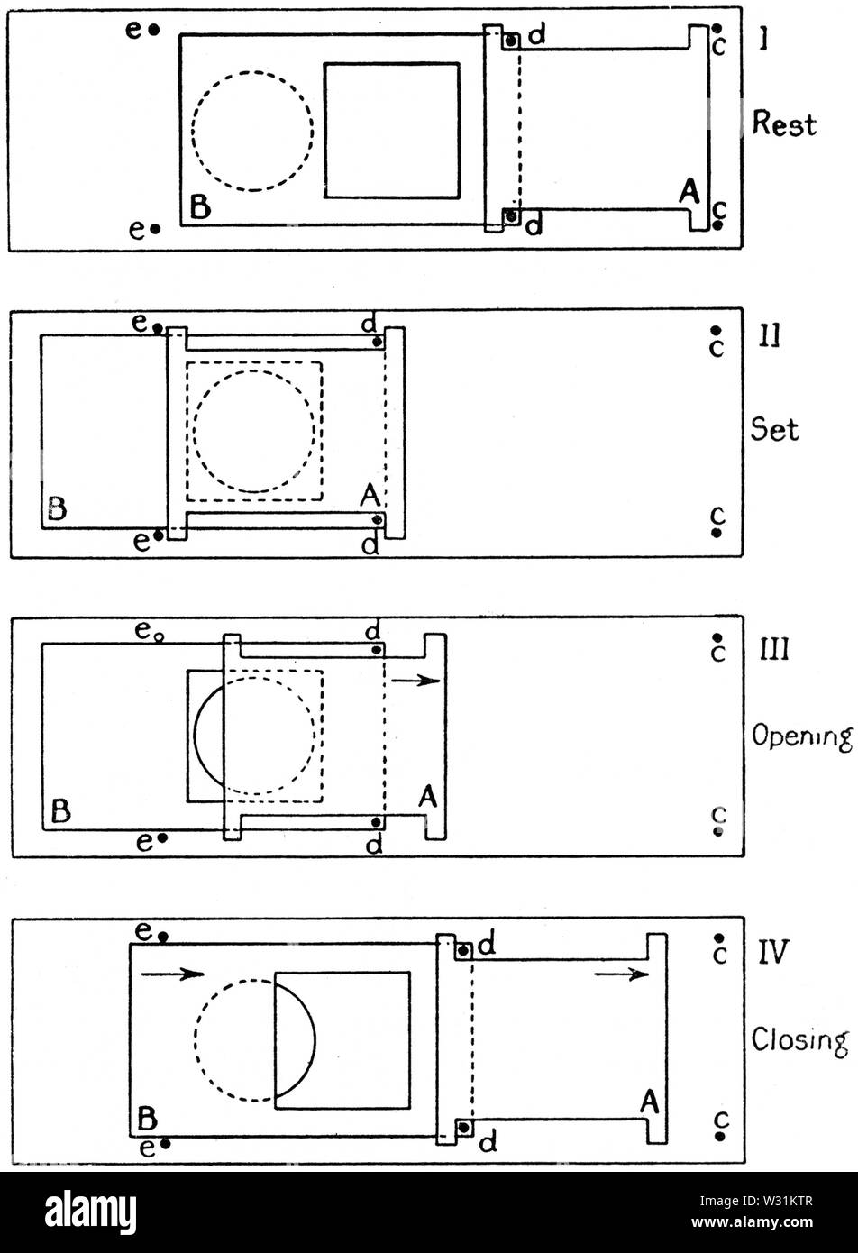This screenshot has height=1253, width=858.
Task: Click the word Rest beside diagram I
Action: pyautogui.click(x=783, y=123)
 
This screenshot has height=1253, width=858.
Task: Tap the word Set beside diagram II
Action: pyautogui.click(x=775, y=430)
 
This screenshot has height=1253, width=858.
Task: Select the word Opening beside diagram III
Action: pyautogui.click(x=802, y=737)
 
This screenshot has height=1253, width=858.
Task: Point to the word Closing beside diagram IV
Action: pyautogui.click(x=799, y=1041)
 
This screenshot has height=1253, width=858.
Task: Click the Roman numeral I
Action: pyautogui.click(x=762, y=40)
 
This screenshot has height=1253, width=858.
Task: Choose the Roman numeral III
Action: pyautogui.click(x=773, y=649)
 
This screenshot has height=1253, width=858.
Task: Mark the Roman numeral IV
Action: pyautogui.click(x=773, y=952)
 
